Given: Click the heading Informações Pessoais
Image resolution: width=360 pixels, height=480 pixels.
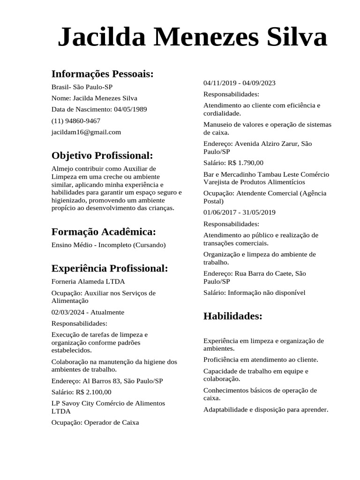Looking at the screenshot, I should click(102, 74).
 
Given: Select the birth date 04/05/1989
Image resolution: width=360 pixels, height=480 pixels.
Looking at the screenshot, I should click(130, 109).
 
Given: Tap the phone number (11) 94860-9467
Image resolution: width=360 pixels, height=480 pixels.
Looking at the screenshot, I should click(75, 120).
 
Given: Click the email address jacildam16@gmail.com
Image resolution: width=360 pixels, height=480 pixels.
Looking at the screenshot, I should click(86, 132).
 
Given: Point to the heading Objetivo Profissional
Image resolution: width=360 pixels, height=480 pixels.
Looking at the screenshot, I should click(102, 155).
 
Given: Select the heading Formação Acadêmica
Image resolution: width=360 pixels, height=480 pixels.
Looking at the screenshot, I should click(103, 232).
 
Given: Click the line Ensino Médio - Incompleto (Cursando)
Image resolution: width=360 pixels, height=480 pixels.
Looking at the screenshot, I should click(108, 245).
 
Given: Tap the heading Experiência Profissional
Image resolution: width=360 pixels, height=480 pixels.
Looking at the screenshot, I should click(109, 268).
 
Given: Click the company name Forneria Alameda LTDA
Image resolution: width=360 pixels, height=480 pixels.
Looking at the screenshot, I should click(88, 281).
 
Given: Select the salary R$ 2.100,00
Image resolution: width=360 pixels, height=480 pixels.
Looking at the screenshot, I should click(94, 392).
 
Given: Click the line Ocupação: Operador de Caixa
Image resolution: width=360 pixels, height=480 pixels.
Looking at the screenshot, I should click(95, 422).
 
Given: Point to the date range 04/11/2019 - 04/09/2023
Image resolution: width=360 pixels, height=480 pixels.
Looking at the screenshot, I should click(240, 83).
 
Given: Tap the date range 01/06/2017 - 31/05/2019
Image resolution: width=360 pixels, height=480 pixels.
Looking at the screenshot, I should click(240, 212).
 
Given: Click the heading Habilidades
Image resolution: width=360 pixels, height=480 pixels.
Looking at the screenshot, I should click(232, 316).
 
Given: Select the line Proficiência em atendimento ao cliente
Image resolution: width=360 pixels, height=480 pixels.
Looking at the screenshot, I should click(261, 360).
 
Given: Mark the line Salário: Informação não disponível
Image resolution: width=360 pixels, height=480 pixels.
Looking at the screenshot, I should click(254, 292).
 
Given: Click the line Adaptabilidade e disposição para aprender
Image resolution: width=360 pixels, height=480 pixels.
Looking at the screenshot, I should click(266, 409).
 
